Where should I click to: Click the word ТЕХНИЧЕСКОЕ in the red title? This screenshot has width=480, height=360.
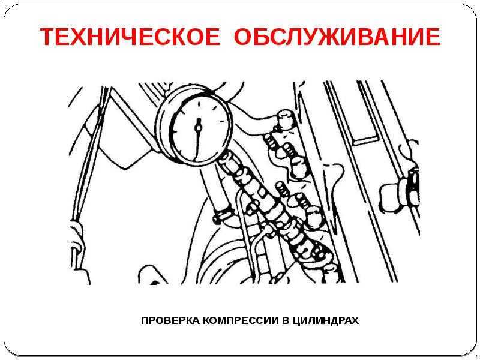tap(130, 37)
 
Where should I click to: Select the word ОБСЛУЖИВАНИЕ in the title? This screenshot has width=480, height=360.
tap(337, 37)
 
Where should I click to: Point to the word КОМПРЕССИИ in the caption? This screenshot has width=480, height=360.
tap(241, 320)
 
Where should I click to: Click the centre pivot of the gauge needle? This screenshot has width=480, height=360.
tap(199, 127)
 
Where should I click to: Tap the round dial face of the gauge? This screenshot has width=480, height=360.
tap(199, 128)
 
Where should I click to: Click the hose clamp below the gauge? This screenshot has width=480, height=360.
tap(223, 215)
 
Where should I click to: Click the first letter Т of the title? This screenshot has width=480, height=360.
tap(49, 37)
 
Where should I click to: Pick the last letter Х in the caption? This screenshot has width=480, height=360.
tap(355, 320)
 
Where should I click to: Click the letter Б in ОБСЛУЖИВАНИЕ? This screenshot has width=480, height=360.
tap(261, 37)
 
